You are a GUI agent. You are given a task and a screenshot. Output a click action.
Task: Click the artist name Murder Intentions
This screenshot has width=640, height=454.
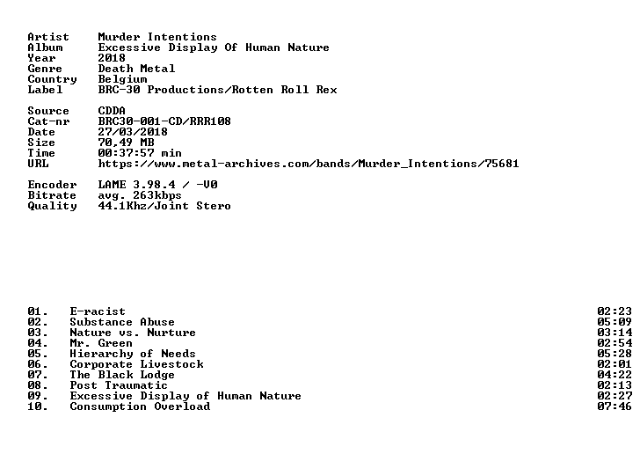pyautogui.click(x=157, y=37)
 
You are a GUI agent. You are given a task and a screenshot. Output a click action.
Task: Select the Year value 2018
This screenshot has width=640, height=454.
pyautogui.click(x=112, y=58)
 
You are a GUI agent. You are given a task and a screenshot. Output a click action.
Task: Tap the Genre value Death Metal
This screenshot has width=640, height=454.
pyautogui.click(x=136, y=69)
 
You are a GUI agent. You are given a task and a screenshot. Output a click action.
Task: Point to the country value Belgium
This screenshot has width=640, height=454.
pyautogui.click(x=122, y=79)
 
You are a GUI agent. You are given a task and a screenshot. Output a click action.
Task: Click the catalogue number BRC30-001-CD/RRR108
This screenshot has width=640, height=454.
pyautogui.click(x=164, y=121)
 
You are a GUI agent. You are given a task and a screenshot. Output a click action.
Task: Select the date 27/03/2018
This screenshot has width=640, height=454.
pyautogui.click(x=133, y=132)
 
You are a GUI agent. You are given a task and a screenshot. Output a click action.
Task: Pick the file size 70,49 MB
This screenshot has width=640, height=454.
pyautogui.click(x=126, y=143)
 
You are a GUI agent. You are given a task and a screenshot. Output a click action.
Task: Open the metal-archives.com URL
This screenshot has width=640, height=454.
pyautogui.click(x=309, y=164)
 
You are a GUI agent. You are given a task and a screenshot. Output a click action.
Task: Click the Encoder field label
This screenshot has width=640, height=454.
pyautogui.click(x=52, y=185)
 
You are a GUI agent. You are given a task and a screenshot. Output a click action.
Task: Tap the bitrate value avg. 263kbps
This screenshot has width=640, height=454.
pyautogui.click(x=140, y=195)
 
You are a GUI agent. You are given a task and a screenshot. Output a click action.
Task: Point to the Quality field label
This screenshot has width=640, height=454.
pyautogui.click(x=52, y=207)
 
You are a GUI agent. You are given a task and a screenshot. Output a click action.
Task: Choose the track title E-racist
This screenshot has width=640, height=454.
pyautogui.click(x=98, y=311)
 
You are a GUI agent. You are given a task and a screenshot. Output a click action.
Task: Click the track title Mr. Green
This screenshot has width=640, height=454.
pyautogui.click(x=101, y=343)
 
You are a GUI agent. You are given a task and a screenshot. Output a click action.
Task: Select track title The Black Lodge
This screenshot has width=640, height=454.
pyautogui.click(x=122, y=375)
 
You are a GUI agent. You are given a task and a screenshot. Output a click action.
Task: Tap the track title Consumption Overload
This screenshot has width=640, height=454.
pyautogui.click(x=140, y=406)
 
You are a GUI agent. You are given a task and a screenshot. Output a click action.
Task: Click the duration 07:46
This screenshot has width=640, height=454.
pyautogui.click(x=615, y=406)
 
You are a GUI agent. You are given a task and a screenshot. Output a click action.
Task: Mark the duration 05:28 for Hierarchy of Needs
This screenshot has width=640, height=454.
pyautogui.click(x=615, y=354)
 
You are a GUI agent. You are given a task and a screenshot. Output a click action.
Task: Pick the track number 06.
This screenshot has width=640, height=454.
pyautogui.click(x=38, y=364)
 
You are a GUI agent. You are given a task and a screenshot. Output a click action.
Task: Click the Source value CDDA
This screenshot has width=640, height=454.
pyautogui.click(x=112, y=111)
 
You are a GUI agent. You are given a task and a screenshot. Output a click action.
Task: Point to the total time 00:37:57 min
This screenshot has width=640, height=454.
pyautogui.click(x=140, y=153)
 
